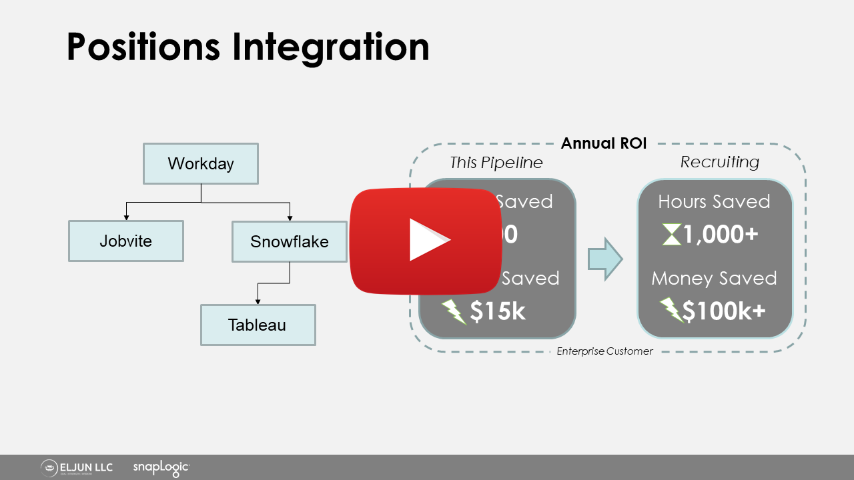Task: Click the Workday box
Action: (201, 163)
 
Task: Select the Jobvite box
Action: (125, 241)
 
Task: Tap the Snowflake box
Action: (290, 241)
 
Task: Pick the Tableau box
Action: (258, 325)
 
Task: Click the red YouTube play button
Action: (427, 241)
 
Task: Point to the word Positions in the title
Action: (144, 47)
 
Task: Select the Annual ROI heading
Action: (604, 143)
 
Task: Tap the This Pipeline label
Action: (496, 162)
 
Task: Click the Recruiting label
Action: (719, 162)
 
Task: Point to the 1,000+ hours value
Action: (721, 235)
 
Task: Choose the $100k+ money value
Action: (723, 311)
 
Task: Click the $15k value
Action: (498, 311)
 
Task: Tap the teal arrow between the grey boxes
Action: (604, 259)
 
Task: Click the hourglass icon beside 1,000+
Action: (671, 235)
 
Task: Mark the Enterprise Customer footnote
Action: (604, 351)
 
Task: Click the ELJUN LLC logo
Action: (77, 468)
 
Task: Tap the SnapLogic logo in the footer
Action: (161, 468)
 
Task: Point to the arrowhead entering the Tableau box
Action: (258, 302)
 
